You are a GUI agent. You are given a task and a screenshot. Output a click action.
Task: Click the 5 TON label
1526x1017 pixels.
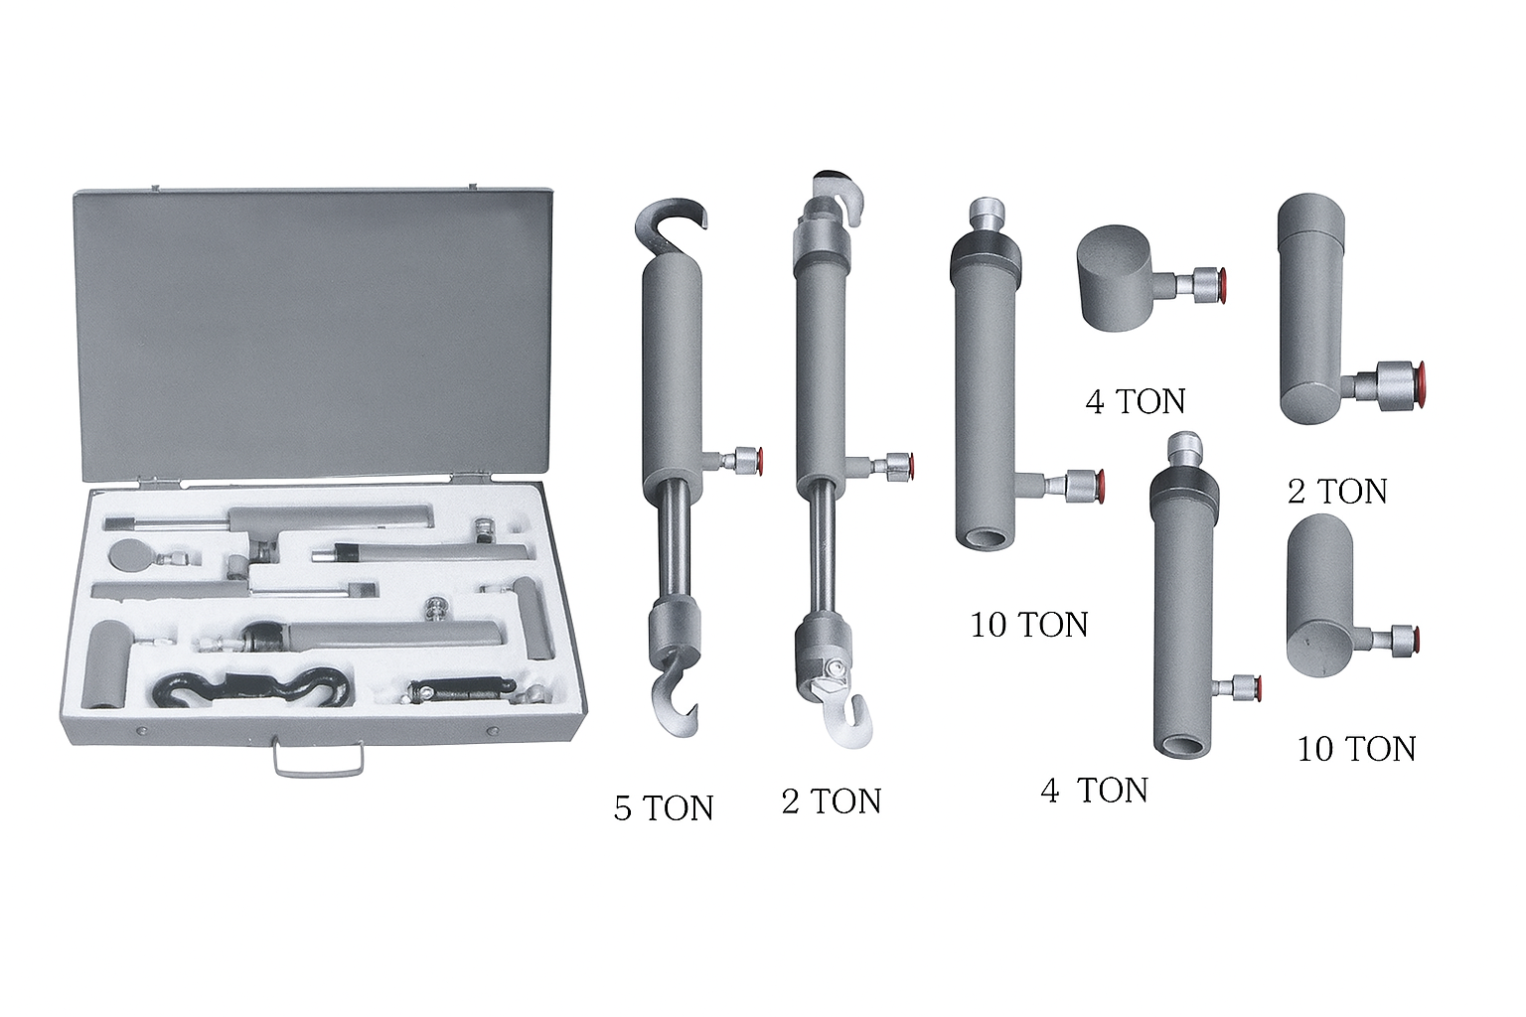(x=664, y=807)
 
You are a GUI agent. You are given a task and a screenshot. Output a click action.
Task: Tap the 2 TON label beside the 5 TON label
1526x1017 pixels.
(x=832, y=801)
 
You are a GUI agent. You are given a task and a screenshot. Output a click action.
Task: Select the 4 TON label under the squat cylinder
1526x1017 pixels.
(x=1135, y=400)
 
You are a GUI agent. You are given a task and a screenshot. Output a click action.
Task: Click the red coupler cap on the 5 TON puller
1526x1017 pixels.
(x=758, y=461)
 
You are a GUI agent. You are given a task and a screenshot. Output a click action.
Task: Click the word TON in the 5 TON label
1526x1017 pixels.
(x=678, y=807)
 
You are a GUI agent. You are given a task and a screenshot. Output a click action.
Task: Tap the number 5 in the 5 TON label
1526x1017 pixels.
(x=622, y=807)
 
